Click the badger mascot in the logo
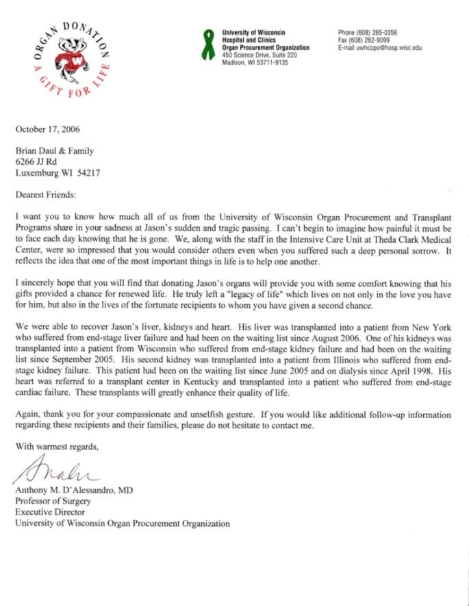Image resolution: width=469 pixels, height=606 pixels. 69,57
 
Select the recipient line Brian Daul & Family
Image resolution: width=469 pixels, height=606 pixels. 56,151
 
